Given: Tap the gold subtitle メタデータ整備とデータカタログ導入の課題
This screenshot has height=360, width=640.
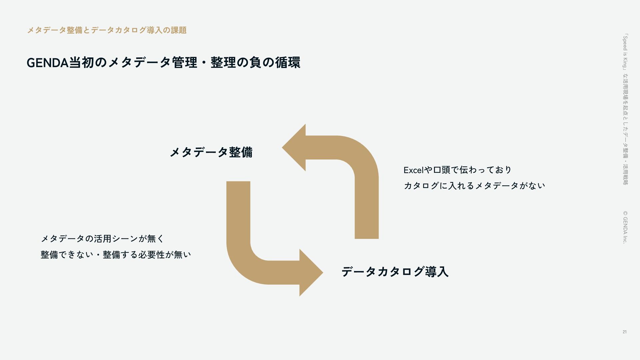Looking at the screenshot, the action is (106, 30).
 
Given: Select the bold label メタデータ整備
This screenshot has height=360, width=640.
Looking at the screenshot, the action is (211, 152).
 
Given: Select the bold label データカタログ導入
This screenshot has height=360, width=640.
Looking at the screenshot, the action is (395, 272).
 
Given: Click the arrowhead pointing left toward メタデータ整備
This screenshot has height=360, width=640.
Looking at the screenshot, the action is (295, 148).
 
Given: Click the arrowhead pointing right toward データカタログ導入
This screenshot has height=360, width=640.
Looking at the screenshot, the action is (310, 273).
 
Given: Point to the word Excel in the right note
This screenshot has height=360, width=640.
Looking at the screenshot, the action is (413, 170).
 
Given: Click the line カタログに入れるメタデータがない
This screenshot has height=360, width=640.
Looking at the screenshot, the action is (474, 186).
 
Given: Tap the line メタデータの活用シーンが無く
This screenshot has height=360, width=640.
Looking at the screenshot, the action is (102, 239).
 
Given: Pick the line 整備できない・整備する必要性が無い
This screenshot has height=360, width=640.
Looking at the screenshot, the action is (116, 255).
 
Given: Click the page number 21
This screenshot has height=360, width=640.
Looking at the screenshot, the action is (624, 332).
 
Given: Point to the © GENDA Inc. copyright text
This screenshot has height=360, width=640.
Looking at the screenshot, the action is (625, 227).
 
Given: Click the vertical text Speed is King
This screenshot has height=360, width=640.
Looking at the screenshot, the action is (625, 52).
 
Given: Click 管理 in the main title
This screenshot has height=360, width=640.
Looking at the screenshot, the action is (184, 62).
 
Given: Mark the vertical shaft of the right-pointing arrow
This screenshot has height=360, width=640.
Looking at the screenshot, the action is (238, 213).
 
